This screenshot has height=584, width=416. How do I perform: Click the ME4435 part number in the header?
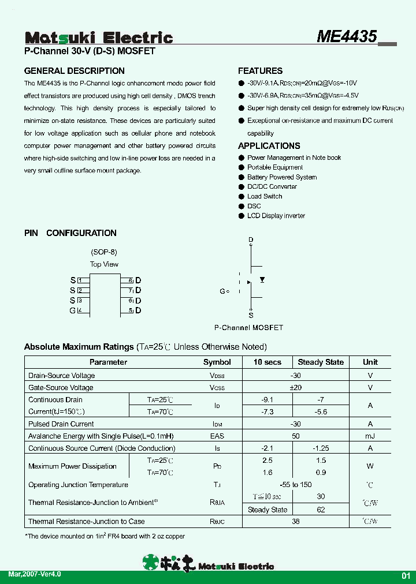(x=347, y=36)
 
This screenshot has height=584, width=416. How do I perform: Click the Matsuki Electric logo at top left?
(x=98, y=38)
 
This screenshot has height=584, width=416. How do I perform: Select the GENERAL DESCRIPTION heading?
(x=74, y=71)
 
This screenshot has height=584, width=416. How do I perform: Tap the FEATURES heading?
(x=260, y=71)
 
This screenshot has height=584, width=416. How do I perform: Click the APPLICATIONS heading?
(x=269, y=146)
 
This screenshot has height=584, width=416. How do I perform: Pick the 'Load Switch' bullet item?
(x=265, y=196)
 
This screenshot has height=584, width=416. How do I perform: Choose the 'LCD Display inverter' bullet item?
(x=276, y=216)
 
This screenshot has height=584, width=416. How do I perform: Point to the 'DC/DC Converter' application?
(x=272, y=186)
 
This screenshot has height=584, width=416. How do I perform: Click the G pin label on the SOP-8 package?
(x=72, y=310)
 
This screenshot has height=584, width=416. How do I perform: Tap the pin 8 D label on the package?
(x=138, y=280)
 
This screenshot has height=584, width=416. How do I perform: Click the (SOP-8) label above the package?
(x=104, y=252)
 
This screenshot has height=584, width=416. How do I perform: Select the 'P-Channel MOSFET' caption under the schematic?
(x=248, y=328)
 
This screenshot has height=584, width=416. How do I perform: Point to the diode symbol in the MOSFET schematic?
(x=262, y=280)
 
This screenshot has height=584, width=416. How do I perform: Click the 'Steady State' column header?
(x=321, y=362)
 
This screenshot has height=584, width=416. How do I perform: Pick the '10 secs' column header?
(x=268, y=362)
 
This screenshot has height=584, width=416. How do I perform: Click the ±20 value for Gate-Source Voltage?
(x=296, y=388)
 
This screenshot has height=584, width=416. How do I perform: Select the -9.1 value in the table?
(x=268, y=399)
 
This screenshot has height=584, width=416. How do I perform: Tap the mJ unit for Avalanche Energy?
(x=370, y=436)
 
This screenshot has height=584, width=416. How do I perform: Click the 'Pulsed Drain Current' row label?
(x=61, y=424)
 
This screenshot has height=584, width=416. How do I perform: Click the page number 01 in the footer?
(x=406, y=576)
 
